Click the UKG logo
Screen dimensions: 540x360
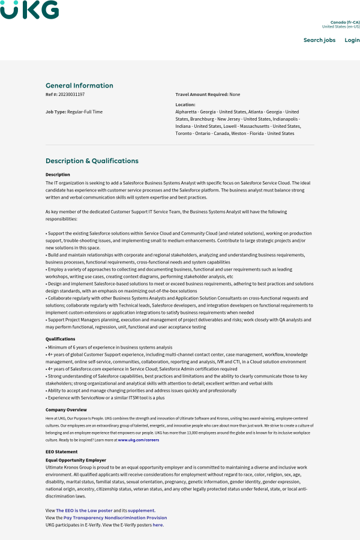(29, 10)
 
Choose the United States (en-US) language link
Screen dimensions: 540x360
(341, 26)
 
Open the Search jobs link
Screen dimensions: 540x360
(319, 40)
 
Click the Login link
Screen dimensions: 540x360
(352, 40)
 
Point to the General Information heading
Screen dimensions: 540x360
(79, 85)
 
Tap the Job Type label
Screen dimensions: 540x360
(55, 112)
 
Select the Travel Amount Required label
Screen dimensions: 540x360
(202, 94)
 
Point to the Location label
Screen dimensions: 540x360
(185, 104)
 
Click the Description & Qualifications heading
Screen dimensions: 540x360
(92, 161)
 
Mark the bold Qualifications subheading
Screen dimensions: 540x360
(61, 339)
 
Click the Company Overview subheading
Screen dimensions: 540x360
(65, 410)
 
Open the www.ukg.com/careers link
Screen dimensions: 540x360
(139, 440)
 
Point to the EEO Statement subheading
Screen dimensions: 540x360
(61, 452)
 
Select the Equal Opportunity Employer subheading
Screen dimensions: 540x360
(76, 460)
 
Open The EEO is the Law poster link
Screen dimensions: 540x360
(84, 511)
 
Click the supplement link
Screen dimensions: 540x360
(141, 511)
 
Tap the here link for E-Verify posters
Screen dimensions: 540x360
(158, 525)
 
